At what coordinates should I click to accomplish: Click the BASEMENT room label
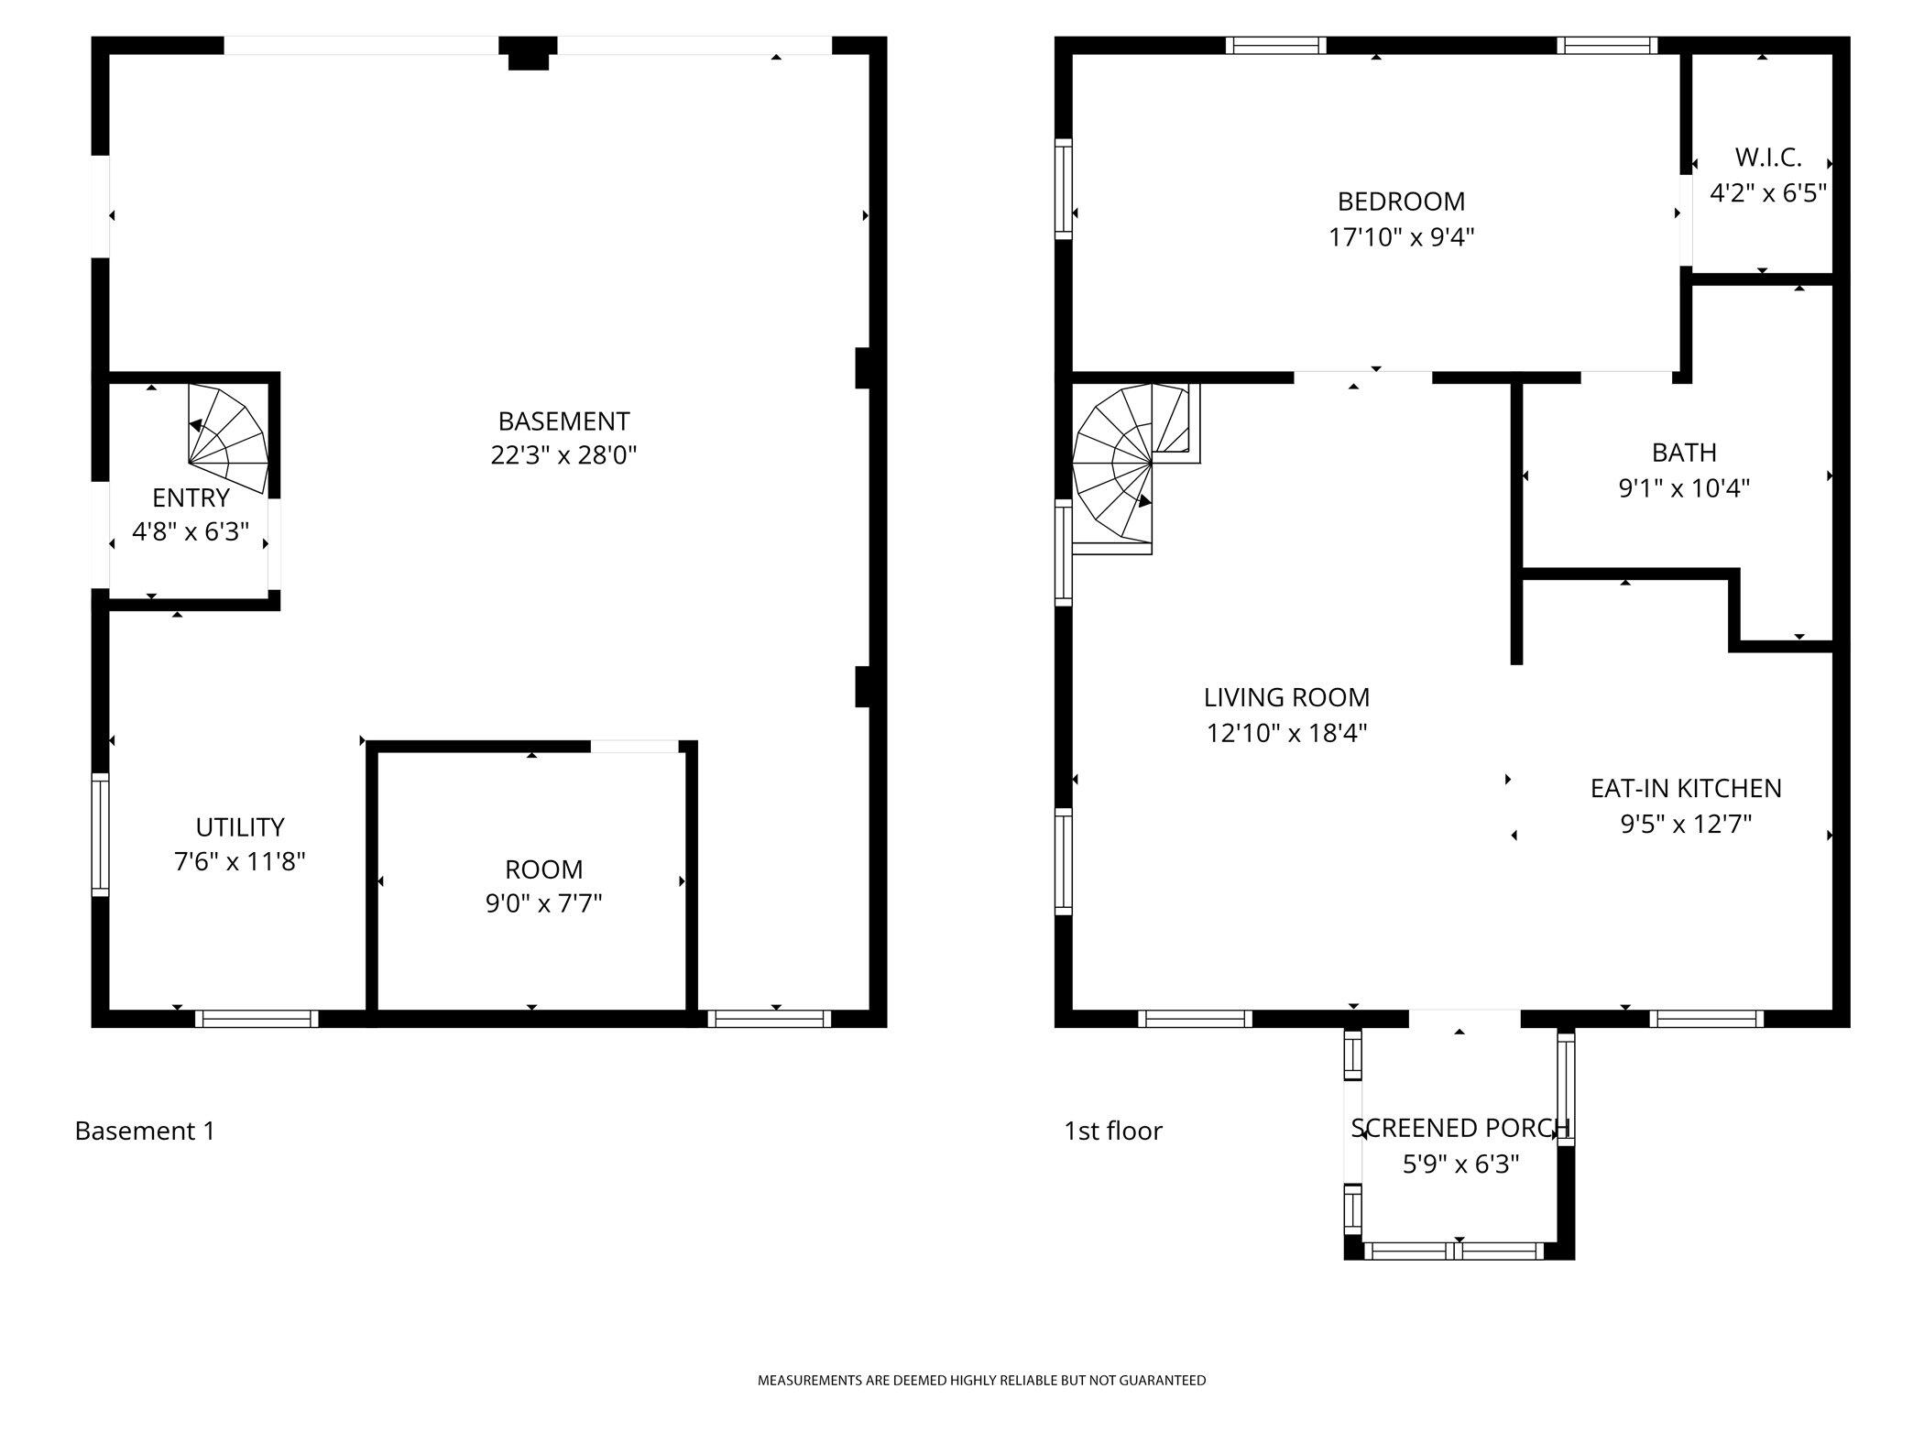[563, 421]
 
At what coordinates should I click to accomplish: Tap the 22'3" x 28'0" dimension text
[563, 455]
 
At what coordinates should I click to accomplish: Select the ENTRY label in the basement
[191, 497]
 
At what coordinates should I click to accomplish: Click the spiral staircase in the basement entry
[228, 438]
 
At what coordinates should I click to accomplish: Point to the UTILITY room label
[240, 827]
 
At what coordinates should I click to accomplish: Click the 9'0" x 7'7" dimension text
[543, 904]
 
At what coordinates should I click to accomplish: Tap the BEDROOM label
[1401, 202]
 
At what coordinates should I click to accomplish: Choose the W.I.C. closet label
[1768, 158]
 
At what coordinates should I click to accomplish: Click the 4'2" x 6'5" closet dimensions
[1768, 193]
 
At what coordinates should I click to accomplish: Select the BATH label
[1684, 453]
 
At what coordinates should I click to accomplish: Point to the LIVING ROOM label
[1286, 698]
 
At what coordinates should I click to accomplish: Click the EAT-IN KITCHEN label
[1686, 789]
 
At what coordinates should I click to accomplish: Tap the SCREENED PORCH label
[1460, 1129]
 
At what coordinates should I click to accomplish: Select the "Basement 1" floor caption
[145, 1131]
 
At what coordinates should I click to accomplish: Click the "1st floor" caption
[1113, 1131]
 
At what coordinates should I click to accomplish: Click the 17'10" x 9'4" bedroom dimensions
[1401, 238]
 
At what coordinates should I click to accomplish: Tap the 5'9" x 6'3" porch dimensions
[1460, 1164]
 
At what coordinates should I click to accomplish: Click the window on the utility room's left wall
[100, 835]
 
